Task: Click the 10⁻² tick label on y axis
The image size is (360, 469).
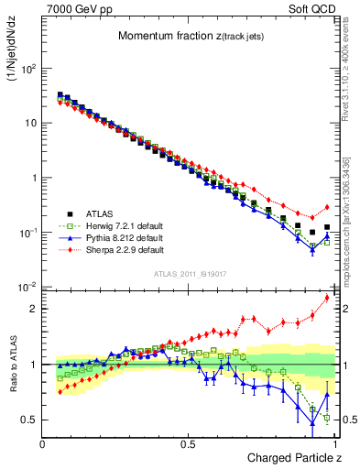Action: (27, 287)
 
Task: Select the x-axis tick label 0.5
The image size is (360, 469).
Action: (188, 443)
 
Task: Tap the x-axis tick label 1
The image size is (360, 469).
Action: (333, 443)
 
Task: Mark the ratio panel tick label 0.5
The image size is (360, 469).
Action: (29, 420)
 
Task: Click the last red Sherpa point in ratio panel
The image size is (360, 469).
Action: (327, 298)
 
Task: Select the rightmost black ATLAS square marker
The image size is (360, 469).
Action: (327, 227)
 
